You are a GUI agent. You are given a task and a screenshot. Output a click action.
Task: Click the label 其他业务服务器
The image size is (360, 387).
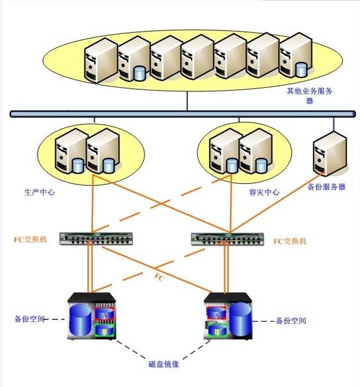tap(310, 95)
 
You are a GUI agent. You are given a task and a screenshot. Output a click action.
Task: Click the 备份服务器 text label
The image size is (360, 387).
tap(327, 187)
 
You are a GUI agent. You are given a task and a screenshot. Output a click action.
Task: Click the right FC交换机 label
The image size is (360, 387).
tap(290, 241)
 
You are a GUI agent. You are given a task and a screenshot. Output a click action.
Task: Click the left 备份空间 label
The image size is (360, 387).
tap(29, 320)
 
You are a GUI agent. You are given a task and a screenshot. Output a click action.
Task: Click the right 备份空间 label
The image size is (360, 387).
tap(290, 321)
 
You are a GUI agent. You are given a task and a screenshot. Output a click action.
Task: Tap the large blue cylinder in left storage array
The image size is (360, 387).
tap(81, 320)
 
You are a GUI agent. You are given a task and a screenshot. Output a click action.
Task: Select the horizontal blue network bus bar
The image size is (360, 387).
tap(181, 114)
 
